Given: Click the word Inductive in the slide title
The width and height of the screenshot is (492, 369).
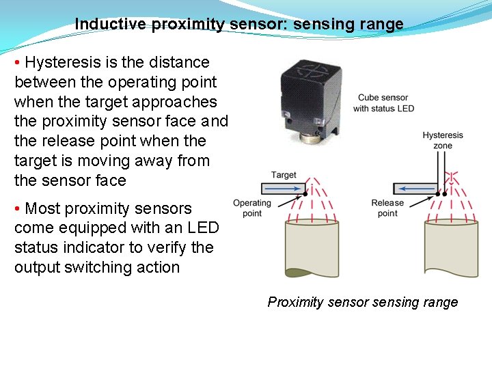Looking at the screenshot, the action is (x=110, y=25).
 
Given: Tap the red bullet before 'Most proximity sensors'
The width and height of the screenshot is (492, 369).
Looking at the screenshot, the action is (x=18, y=208).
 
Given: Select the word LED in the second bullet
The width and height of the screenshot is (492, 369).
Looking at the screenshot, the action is (x=204, y=228).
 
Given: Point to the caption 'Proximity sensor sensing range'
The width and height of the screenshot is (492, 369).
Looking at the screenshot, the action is (x=362, y=302).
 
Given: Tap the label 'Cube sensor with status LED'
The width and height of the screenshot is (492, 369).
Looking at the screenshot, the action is (x=383, y=103).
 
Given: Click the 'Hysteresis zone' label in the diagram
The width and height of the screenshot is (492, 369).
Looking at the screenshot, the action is (x=442, y=140).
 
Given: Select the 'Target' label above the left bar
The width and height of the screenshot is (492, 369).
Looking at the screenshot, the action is (x=284, y=175).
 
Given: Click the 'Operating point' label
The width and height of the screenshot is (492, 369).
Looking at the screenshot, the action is (x=252, y=208).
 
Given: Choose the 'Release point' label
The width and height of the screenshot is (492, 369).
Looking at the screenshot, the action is (x=387, y=208).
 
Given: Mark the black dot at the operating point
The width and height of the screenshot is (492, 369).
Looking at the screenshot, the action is (x=305, y=194).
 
